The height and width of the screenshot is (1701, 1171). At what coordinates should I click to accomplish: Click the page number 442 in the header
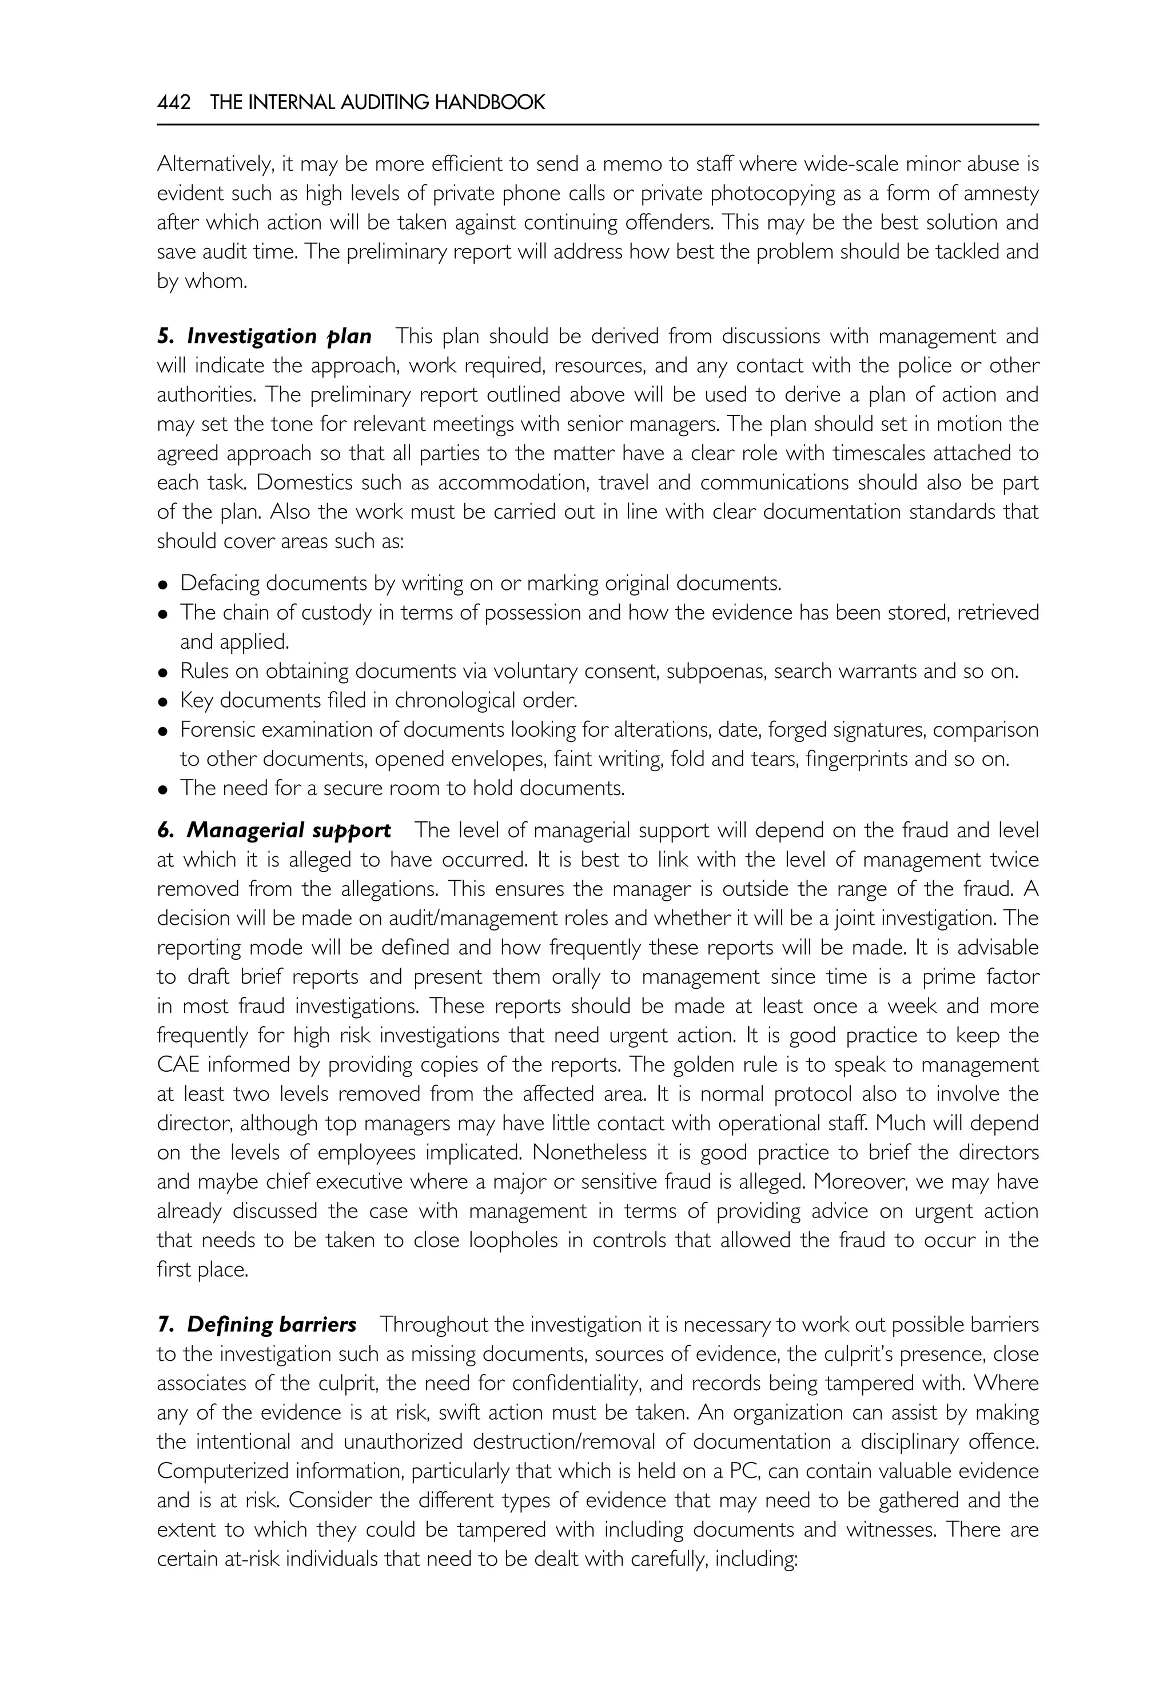pos(174,103)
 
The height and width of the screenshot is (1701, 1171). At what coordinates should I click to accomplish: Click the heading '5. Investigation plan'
pos(264,337)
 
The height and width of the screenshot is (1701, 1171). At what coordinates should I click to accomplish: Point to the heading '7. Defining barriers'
pos(257,1325)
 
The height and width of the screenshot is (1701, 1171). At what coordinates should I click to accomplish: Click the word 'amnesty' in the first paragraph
pos(1002,194)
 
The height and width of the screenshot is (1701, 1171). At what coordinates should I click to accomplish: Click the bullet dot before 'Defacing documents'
pos(164,585)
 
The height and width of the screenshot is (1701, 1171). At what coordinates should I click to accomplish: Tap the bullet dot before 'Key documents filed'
pos(164,702)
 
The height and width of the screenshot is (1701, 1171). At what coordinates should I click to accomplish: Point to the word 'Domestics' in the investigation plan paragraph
pos(200,484)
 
